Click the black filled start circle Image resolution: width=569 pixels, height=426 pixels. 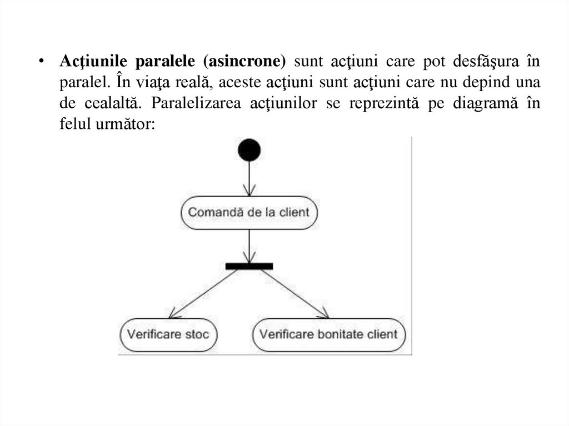[x=249, y=150]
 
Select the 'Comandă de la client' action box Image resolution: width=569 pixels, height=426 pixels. [x=249, y=213]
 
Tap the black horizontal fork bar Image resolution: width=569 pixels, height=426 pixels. [x=249, y=266]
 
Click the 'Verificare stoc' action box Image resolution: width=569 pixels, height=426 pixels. [x=168, y=334]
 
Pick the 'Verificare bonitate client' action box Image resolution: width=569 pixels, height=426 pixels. [x=329, y=334]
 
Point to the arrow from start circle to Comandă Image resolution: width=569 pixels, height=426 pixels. [x=249, y=179]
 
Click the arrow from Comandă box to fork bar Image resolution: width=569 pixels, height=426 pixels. [x=249, y=245]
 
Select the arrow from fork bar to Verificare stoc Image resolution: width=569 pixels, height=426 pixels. [x=203, y=293]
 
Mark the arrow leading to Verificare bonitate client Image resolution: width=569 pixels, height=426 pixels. [x=295, y=293]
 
